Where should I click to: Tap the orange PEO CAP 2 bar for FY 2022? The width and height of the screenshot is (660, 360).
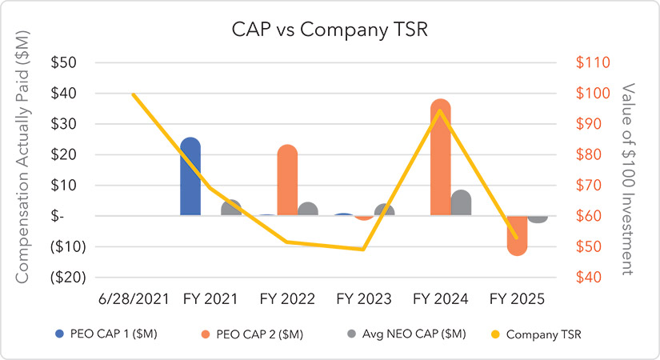287,181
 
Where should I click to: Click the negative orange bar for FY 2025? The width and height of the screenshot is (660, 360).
518,235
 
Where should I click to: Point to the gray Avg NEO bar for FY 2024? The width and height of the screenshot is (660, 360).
461,203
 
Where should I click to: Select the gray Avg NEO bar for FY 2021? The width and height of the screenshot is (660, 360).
231,208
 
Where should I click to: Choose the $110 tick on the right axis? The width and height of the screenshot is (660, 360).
588,62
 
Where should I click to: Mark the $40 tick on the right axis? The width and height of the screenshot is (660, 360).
588,278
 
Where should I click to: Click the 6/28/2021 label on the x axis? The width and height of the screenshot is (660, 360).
134,299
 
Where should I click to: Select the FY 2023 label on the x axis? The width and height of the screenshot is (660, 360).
363,299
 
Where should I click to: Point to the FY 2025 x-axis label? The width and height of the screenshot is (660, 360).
518,299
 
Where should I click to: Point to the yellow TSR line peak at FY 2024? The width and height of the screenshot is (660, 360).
440,110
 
